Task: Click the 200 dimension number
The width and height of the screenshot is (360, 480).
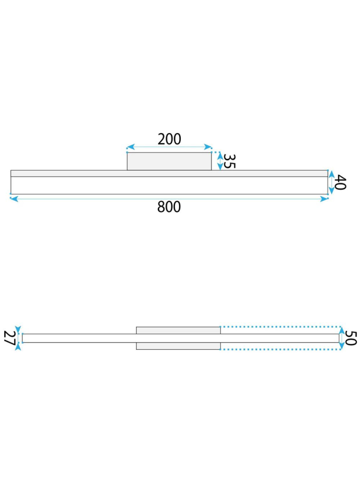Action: pyautogui.click(x=169, y=139)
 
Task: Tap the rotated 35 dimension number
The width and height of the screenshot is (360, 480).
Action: pyautogui.click(x=229, y=161)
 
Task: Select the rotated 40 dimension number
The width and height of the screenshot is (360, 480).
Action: pyautogui.click(x=340, y=183)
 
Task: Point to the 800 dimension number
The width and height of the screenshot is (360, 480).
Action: pyautogui.click(x=169, y=207)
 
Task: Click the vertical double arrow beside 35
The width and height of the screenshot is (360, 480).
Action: pyautogui.click(x=220, y=161)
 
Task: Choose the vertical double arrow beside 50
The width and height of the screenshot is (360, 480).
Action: pyautogui.click(x=341, y=338)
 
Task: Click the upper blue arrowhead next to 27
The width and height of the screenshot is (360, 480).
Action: pyautogui.click(x=18, y=328)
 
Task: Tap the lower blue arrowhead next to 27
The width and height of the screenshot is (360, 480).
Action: pyautogui.click(x=18, y=347)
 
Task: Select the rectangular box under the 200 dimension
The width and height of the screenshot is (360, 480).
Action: pyautogui.click(x=169, y=161)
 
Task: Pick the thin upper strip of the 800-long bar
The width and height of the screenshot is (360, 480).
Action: pyautogui.click(x=67, y=173)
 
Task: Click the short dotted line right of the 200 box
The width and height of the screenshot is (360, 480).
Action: pyautogui.click(x=216, y=152)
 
